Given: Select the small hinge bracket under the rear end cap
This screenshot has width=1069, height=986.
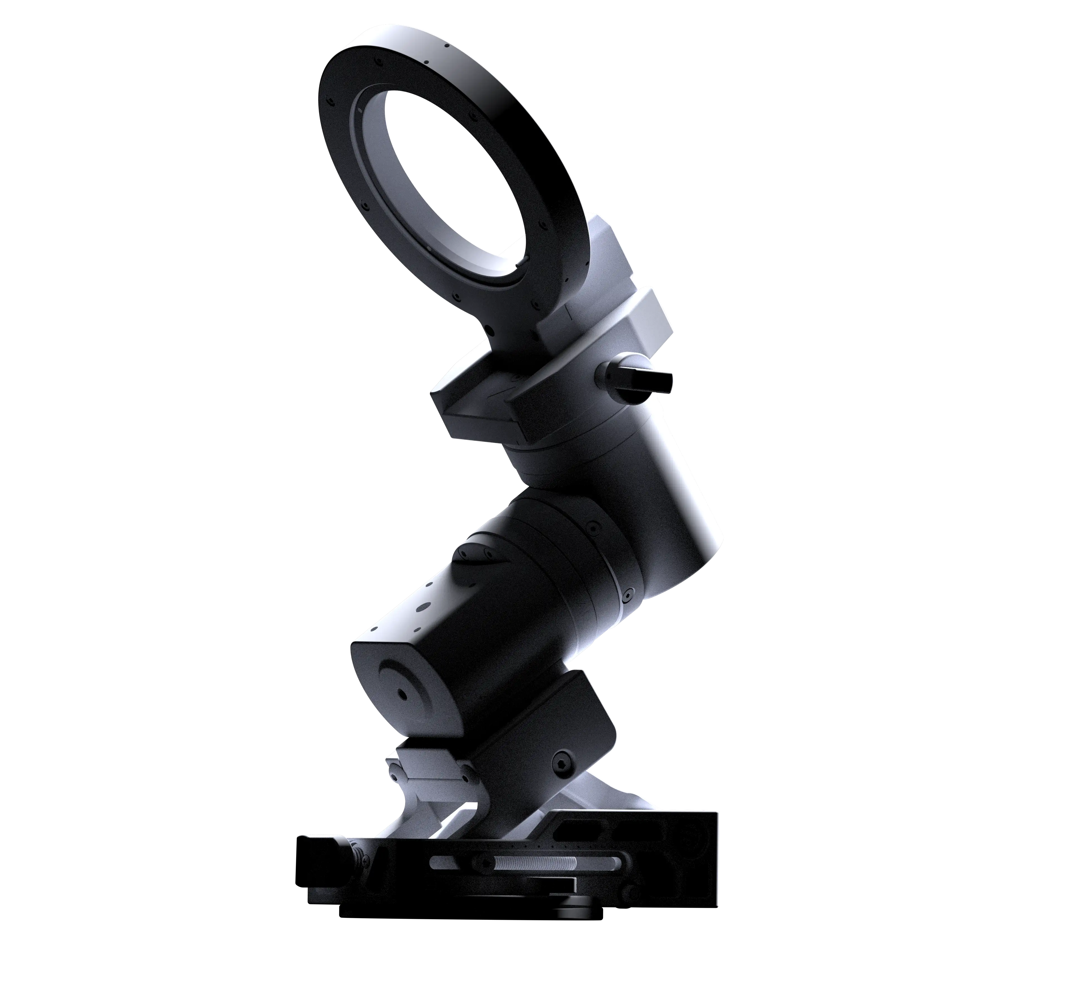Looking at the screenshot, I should pos(427,768).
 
